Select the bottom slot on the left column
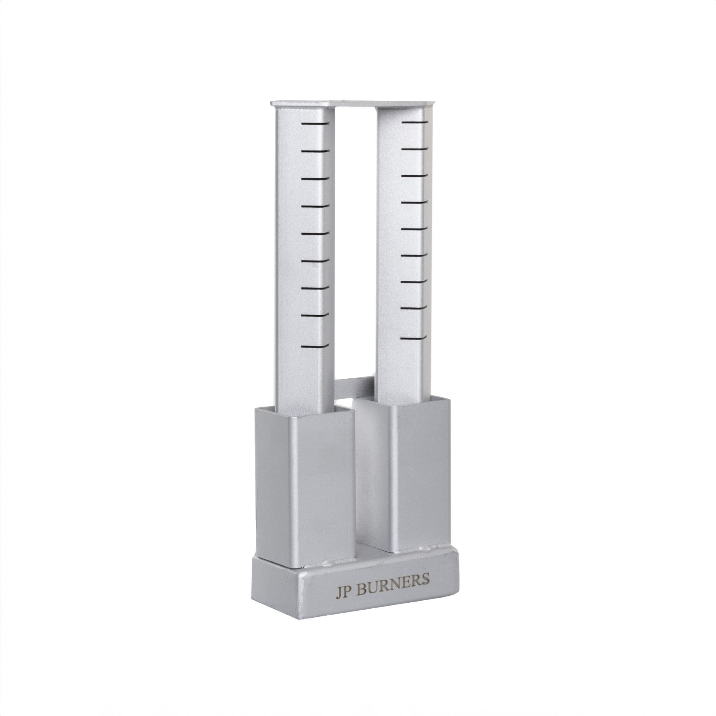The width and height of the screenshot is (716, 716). coord(315,346)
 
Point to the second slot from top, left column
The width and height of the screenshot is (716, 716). coord(315,151)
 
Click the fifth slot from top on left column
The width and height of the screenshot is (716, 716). coord(315,234)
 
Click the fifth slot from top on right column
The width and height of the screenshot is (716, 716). coord(414,229)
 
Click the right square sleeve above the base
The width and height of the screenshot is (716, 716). coord(421,474)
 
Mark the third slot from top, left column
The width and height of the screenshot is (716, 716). coord(315,179)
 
